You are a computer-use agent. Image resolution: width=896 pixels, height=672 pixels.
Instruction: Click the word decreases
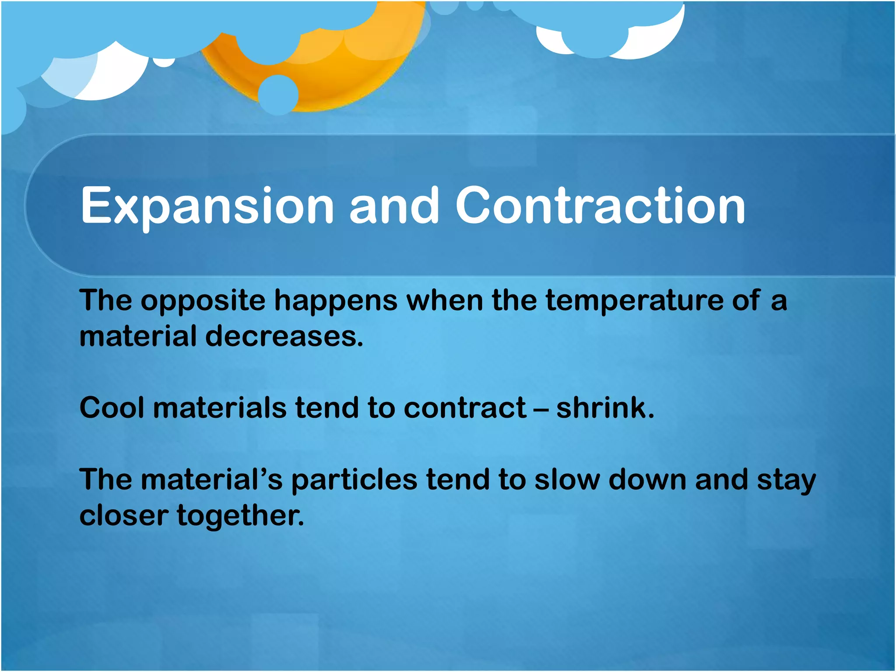coord(284,337)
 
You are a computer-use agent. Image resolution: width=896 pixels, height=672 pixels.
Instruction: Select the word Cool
coord(112,408)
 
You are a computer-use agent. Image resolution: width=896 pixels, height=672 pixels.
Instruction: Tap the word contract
coord(465,408)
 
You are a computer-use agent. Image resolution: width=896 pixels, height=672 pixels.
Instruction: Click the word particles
coord(354,480)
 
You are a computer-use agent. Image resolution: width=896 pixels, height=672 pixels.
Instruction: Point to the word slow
coord(567,479)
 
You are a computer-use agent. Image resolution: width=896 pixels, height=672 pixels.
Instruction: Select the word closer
coord(124,515)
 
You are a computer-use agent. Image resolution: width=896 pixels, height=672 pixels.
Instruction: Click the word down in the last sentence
coord(647,479)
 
